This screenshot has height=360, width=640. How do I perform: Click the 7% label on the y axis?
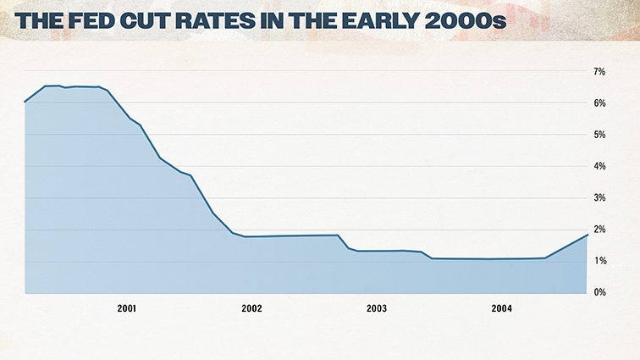point(599,72)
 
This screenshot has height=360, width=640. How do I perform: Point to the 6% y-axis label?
point(599,103)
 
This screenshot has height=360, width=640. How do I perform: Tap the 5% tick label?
point(599,135)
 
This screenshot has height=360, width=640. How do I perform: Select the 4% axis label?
point(599,167)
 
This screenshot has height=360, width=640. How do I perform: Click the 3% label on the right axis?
point(599,198)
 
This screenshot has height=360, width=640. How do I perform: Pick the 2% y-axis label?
point(599,230)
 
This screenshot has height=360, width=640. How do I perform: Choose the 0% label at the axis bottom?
point(599,293)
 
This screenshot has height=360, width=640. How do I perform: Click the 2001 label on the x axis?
point(127,309)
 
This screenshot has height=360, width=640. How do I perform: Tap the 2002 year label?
point(251,309)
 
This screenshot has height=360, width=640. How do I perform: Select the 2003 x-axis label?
point(377,309)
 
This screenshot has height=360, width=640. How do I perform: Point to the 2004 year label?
point(501,309)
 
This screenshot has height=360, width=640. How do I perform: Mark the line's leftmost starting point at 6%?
point(25,102)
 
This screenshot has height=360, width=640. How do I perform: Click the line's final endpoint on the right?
point(587,235)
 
